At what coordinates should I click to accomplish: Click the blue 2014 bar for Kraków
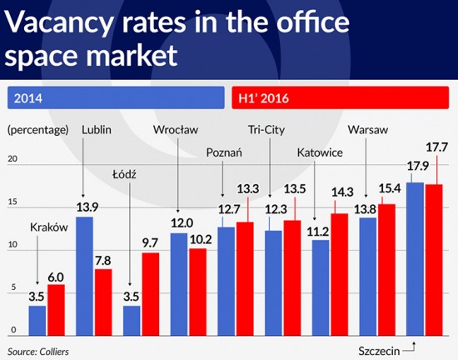(x=37, y=317)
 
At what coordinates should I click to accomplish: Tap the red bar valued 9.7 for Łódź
(x=150, y=291)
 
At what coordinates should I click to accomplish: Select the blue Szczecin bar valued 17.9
(x=415, y=256)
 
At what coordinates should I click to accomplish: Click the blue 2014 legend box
(x=114, y=97)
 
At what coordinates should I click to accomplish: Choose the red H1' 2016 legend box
(x=341, y=97)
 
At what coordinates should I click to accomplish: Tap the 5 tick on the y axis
(x=12, y=288)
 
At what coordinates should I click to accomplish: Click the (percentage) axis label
(x=38, y=130)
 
